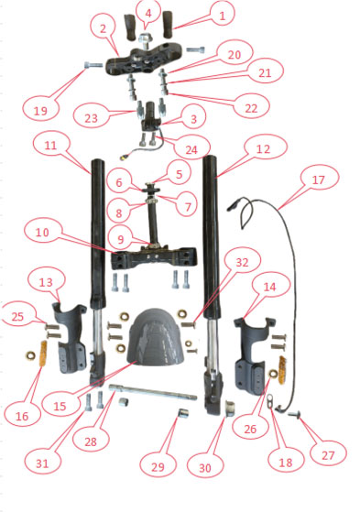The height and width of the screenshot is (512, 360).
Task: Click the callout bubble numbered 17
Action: point(319,180)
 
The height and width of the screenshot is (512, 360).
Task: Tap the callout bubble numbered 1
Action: point(223,15)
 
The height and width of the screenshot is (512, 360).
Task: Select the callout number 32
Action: point(242,262)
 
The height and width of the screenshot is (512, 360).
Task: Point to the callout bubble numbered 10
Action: point(42,233)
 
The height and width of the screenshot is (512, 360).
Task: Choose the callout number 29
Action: point(158,467)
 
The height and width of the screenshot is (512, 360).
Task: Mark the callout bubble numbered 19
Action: point(41,110)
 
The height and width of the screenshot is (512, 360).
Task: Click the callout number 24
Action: point(191,150)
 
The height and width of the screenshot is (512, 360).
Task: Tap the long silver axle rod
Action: point(153,392)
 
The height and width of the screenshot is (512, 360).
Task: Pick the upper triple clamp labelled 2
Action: point(146,60)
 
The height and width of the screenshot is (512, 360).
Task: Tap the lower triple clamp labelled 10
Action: point(154,258)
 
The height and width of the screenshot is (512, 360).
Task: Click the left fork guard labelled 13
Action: point(71,338)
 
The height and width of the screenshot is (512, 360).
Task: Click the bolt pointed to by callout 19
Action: point(93,65)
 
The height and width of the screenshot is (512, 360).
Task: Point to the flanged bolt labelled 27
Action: point(295,415)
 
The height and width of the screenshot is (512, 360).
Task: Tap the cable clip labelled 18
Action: point(271,400)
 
